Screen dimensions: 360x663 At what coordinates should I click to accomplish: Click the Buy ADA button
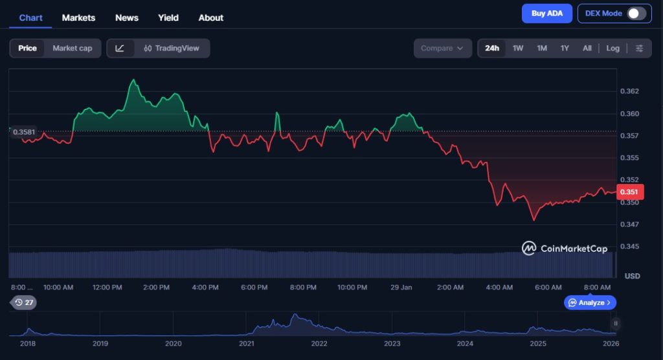click(547, 14)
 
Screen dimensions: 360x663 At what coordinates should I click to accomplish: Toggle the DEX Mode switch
click(636, 14)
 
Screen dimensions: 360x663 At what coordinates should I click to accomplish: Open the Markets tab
click(78, 17)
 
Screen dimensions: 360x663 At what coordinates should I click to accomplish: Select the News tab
click(126, 17)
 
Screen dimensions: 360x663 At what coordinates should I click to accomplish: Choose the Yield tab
click(168, 17)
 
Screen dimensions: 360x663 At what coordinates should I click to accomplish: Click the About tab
click(211, 17)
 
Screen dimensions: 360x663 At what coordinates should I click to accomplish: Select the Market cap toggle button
click(73, 48)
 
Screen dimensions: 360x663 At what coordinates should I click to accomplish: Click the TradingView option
click(172, 48)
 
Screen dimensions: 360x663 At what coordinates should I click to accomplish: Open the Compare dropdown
click(442, 48)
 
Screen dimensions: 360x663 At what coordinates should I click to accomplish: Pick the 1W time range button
click(518, 48)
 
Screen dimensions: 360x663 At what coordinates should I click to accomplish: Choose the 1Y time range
click(565, 48)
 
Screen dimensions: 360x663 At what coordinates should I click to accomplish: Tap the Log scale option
click(612, 48)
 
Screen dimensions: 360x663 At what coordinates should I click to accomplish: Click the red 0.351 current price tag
click(629, 192)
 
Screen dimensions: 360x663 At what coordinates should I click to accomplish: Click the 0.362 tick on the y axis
click(629, 91)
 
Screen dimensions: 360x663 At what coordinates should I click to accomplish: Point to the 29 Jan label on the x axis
click(402, 287)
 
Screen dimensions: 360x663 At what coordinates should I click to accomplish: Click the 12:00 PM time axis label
click(107, 287)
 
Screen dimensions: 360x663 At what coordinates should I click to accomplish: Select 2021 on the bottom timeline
click(246, 343)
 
